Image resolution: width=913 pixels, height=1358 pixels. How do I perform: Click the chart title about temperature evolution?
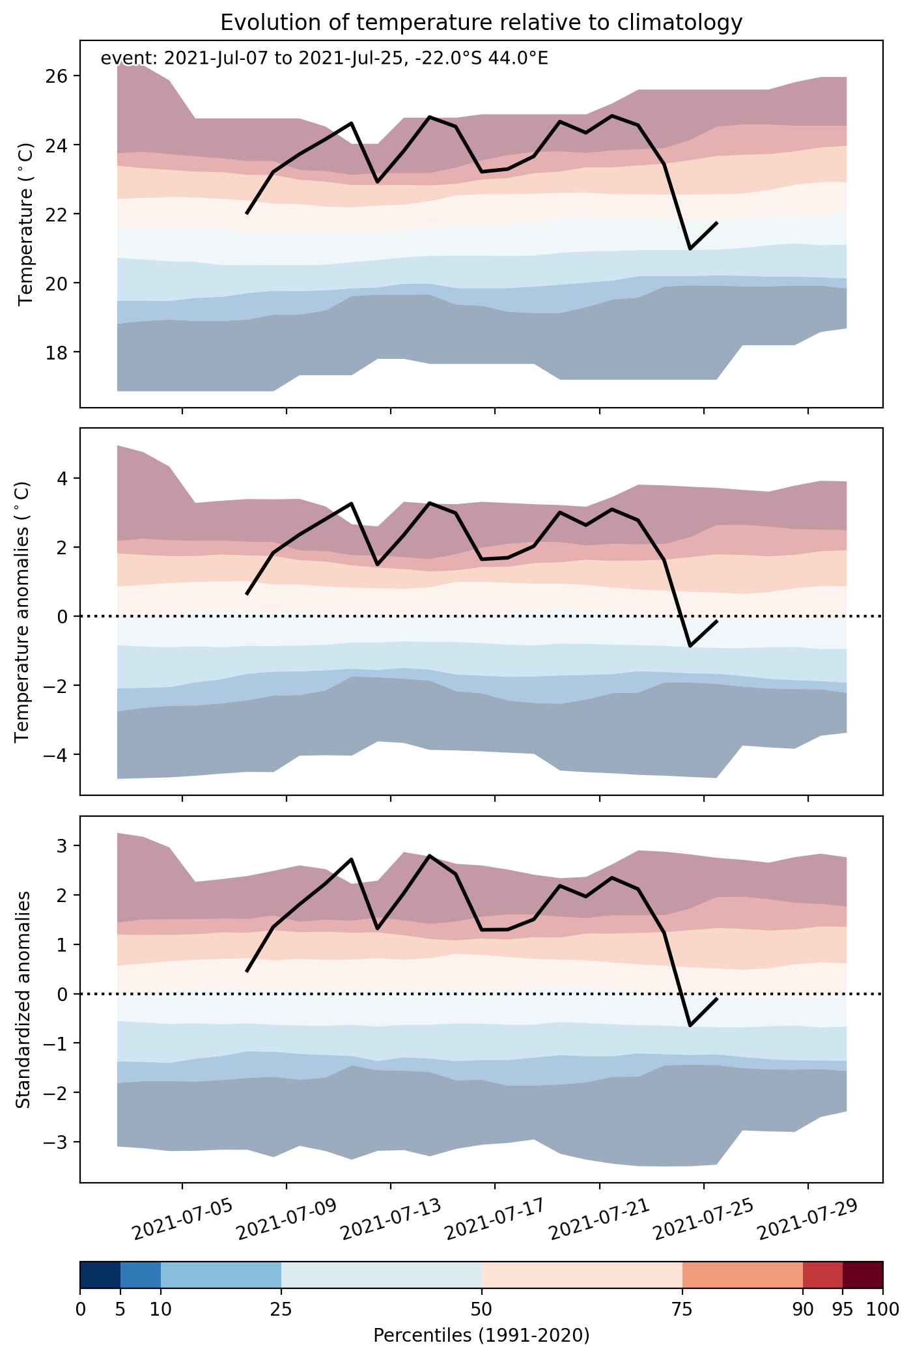pos(481,23)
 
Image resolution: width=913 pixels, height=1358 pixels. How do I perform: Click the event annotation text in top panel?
pos(324,59)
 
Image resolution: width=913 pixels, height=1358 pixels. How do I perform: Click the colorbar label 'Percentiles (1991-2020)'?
pos(481,1336)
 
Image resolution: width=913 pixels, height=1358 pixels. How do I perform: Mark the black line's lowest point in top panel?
pos(690,249)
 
